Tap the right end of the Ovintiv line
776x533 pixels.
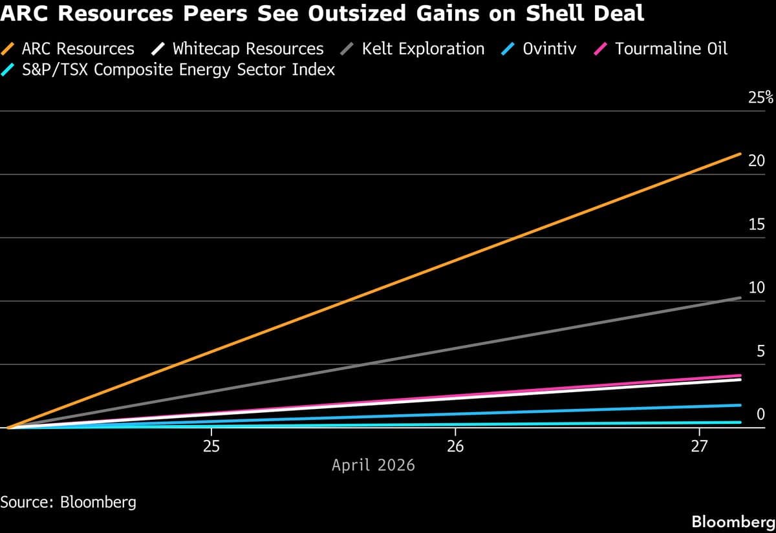(740, 405)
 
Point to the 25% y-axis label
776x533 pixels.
(760, 98)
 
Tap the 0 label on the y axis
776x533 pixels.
(760, 414)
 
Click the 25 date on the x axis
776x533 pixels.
(211, 446)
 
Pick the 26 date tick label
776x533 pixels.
(455, 446)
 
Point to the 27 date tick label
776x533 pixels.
(699, 446)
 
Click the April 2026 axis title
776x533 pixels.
(373, 465)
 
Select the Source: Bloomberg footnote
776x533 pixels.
(69, 502)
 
